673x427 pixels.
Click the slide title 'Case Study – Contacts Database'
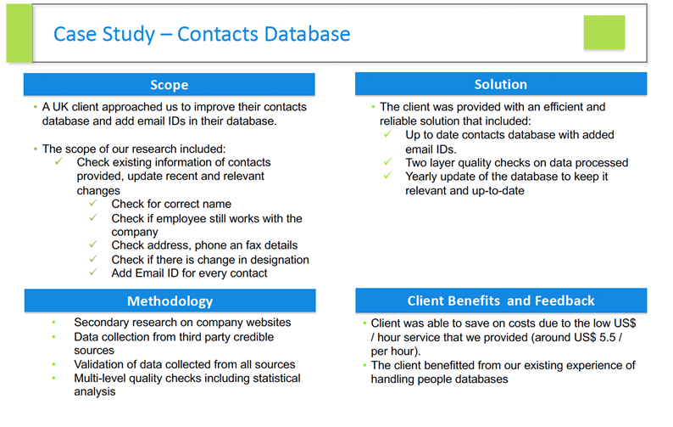click(202, 34)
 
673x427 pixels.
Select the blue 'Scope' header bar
click(169, 85)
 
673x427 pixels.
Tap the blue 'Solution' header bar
click(500, 85)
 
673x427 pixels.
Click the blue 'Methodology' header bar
click(169, 301)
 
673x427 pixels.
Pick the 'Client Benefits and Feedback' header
click(500, 301)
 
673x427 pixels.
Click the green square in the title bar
click(603, 32)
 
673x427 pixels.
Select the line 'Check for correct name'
click(170, 204)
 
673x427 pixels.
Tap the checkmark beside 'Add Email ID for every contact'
click(94, 273)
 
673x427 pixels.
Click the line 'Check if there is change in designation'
click(209, 260)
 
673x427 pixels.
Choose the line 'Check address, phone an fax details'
click(199, 245)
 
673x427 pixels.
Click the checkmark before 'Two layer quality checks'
click(387, 162)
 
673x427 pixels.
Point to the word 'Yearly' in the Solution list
click(424, 177)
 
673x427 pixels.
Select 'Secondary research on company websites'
click(182, 323)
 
